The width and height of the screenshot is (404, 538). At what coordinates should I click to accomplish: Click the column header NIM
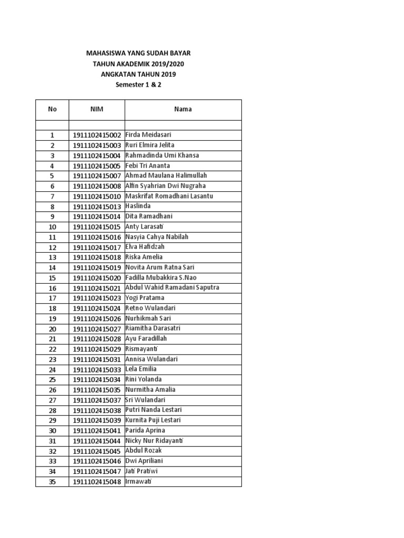(97, 109)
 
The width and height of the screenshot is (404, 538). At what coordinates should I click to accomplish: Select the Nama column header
(183, 109)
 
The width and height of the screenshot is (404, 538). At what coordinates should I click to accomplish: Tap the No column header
(52, 109)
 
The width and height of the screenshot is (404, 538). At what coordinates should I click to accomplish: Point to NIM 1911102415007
(97, 176)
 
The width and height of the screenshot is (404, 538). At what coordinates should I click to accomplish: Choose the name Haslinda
(138, 206)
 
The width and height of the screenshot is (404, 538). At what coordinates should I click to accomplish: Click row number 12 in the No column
(52, 247)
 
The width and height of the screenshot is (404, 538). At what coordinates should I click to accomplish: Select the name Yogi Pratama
(145, 298)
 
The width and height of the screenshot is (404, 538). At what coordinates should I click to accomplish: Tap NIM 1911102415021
(97, 288)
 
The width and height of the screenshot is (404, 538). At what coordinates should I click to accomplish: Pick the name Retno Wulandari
(150, 308)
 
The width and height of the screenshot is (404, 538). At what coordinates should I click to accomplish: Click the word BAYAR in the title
(179, 54)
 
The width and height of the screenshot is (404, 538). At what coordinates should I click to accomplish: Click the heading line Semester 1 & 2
(138, 84)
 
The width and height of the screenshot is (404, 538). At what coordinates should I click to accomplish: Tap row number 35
(52, 482)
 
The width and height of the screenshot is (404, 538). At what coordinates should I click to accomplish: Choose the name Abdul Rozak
(144, 451)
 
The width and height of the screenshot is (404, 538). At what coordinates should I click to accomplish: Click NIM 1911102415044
(97, 441)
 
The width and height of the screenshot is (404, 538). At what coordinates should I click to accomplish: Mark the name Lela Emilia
(141, 369)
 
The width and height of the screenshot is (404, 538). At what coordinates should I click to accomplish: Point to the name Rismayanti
(142, 349)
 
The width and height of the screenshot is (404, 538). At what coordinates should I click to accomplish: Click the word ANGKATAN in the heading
(118, 74)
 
